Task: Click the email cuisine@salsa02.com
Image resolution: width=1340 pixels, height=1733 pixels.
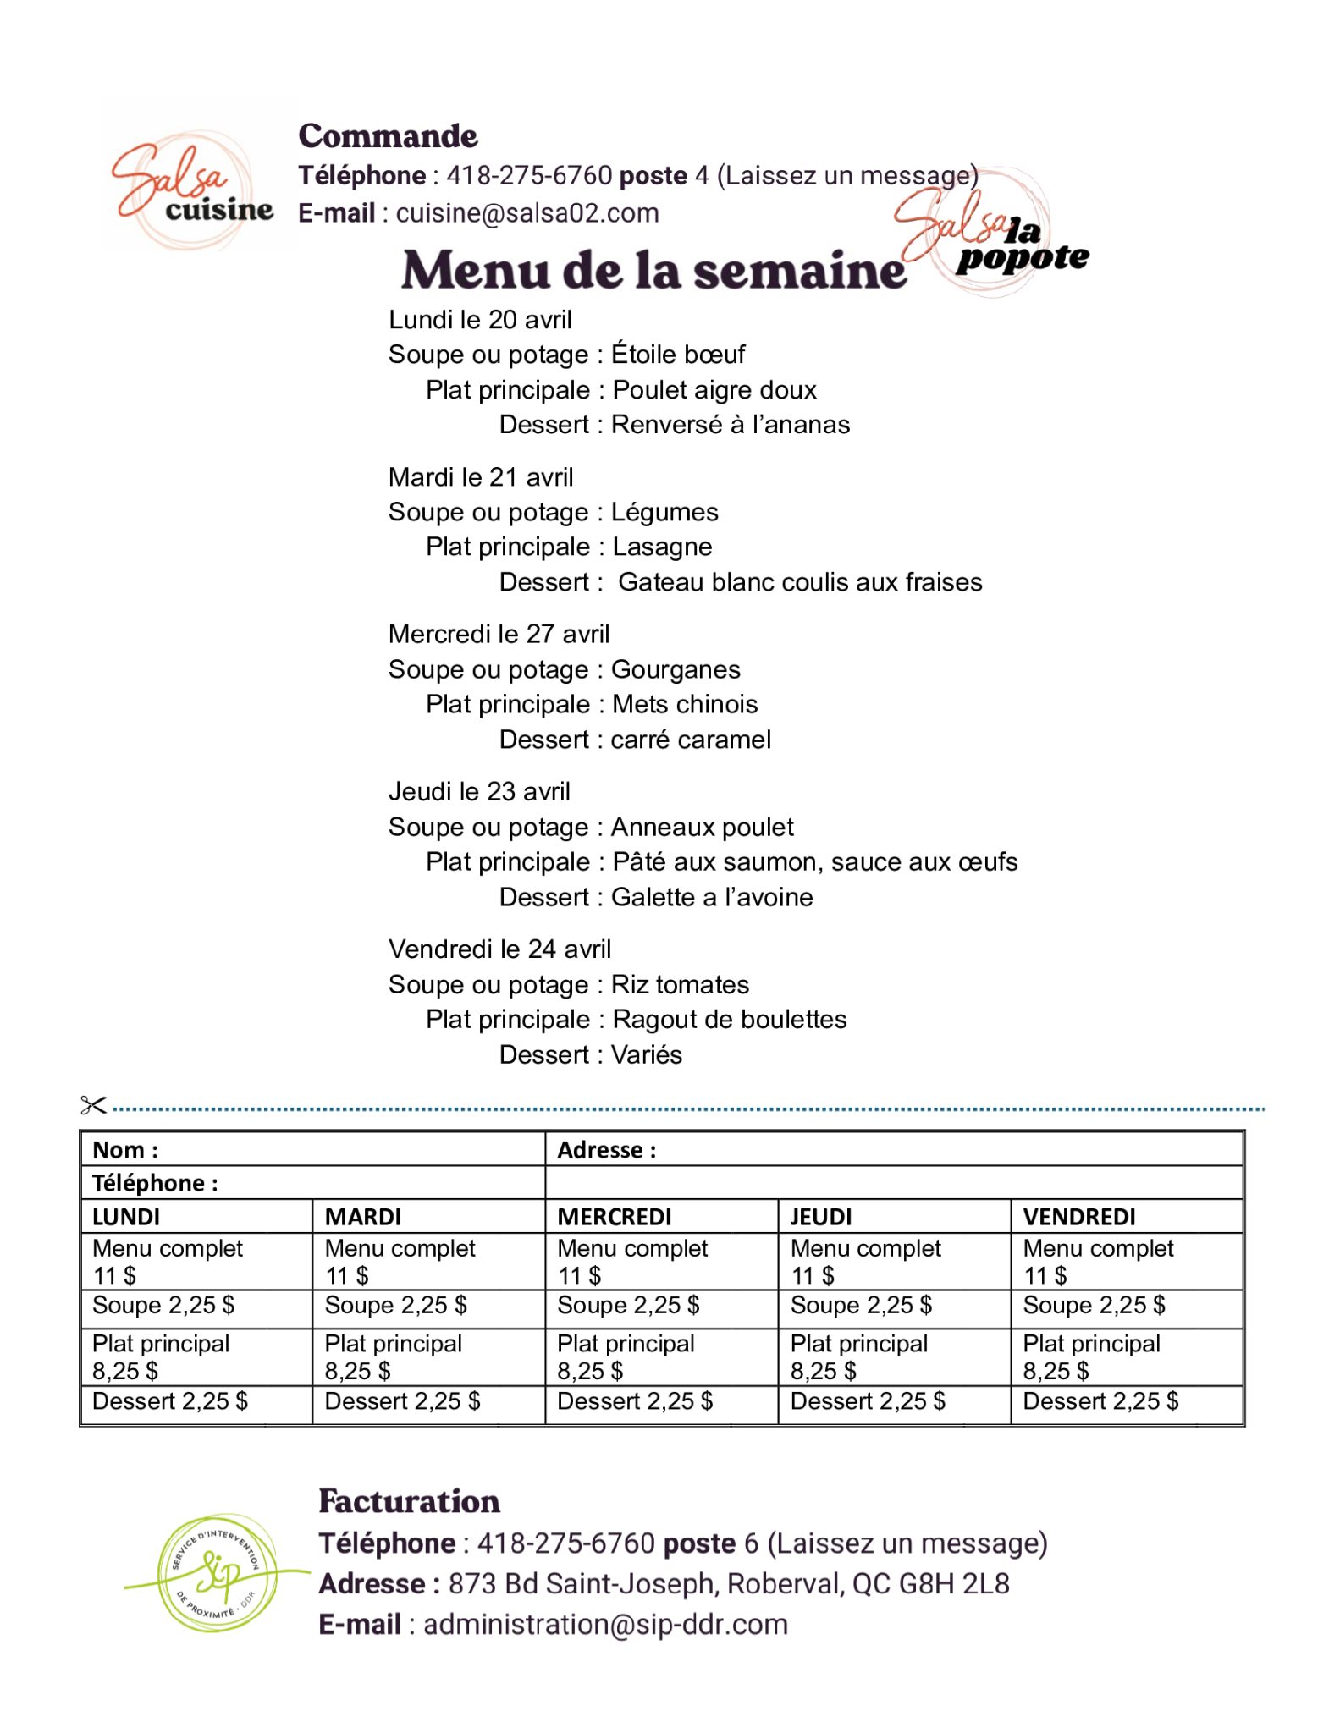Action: coord(527,213)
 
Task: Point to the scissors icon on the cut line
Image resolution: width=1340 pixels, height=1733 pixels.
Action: coord(93,1104)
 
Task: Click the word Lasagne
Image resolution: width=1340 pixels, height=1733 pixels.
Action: coord(662,547)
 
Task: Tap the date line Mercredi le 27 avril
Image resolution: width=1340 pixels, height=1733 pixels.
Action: coord(499,634)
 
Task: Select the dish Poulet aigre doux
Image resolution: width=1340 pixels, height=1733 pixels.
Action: coord(714,390)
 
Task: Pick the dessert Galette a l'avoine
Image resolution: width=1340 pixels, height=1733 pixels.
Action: coord(711,897)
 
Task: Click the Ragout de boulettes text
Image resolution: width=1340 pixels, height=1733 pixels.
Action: coord(729,1020)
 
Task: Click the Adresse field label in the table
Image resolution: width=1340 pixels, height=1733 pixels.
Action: coord(606,1150)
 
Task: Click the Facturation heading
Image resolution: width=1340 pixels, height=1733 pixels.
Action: coord(409,1502)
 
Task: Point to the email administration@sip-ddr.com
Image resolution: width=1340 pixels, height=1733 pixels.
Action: coord(604,1625)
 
